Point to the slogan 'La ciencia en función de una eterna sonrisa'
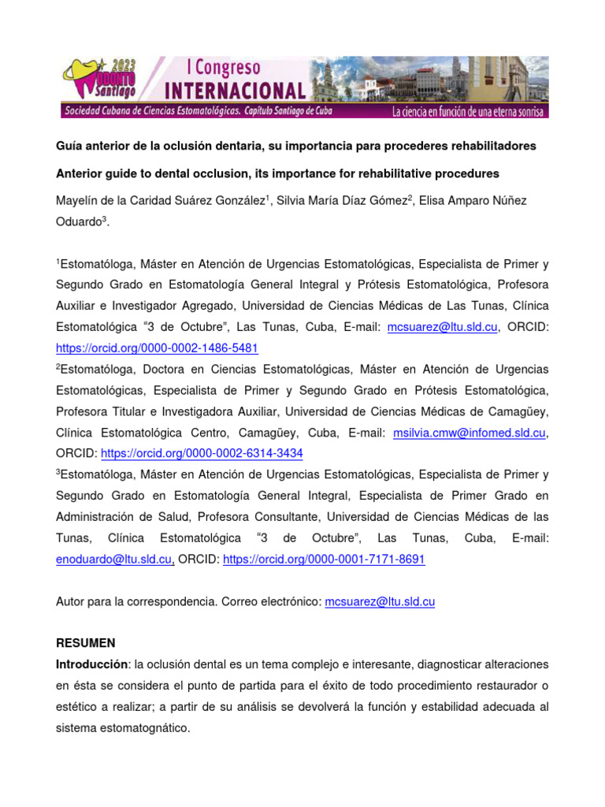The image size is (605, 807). tap(467, 112)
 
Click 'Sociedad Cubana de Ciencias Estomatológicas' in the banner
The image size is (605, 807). tap(150, 112)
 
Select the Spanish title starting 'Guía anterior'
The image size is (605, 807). tap(295, 146)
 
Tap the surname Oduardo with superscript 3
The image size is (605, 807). tap(80, 223)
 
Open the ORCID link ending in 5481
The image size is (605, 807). tap(157, 348)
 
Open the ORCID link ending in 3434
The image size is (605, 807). tap(202, 453)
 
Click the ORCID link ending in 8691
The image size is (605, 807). tap(324, 559)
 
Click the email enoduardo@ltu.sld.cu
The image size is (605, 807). tap(114, 559)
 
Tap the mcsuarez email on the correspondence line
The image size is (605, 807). tap(380, 601)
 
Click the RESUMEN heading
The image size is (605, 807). tap(85, 643)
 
